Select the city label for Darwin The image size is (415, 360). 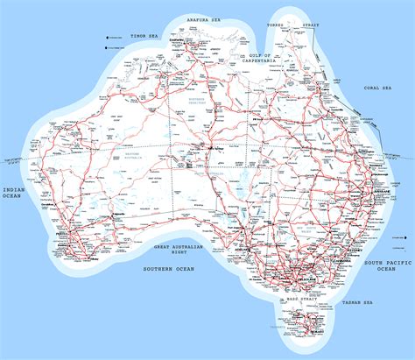click(176, 41)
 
